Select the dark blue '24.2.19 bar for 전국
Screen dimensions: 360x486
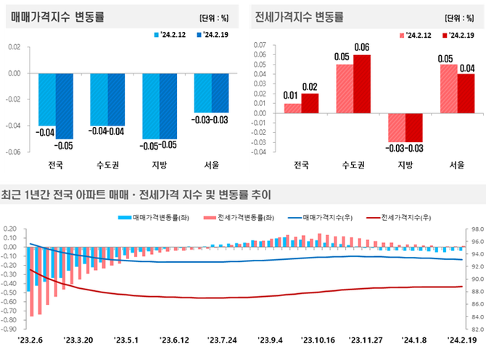64,105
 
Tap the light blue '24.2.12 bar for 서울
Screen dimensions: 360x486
203,92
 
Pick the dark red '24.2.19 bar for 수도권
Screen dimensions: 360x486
361,83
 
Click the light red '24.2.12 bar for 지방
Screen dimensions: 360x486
396,127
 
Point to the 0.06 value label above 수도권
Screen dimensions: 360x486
361,47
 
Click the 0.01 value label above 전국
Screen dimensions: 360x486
292,96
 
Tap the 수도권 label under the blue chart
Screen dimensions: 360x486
107,165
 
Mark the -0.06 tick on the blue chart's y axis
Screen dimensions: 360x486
13,152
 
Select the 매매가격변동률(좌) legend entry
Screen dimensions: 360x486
155,217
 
